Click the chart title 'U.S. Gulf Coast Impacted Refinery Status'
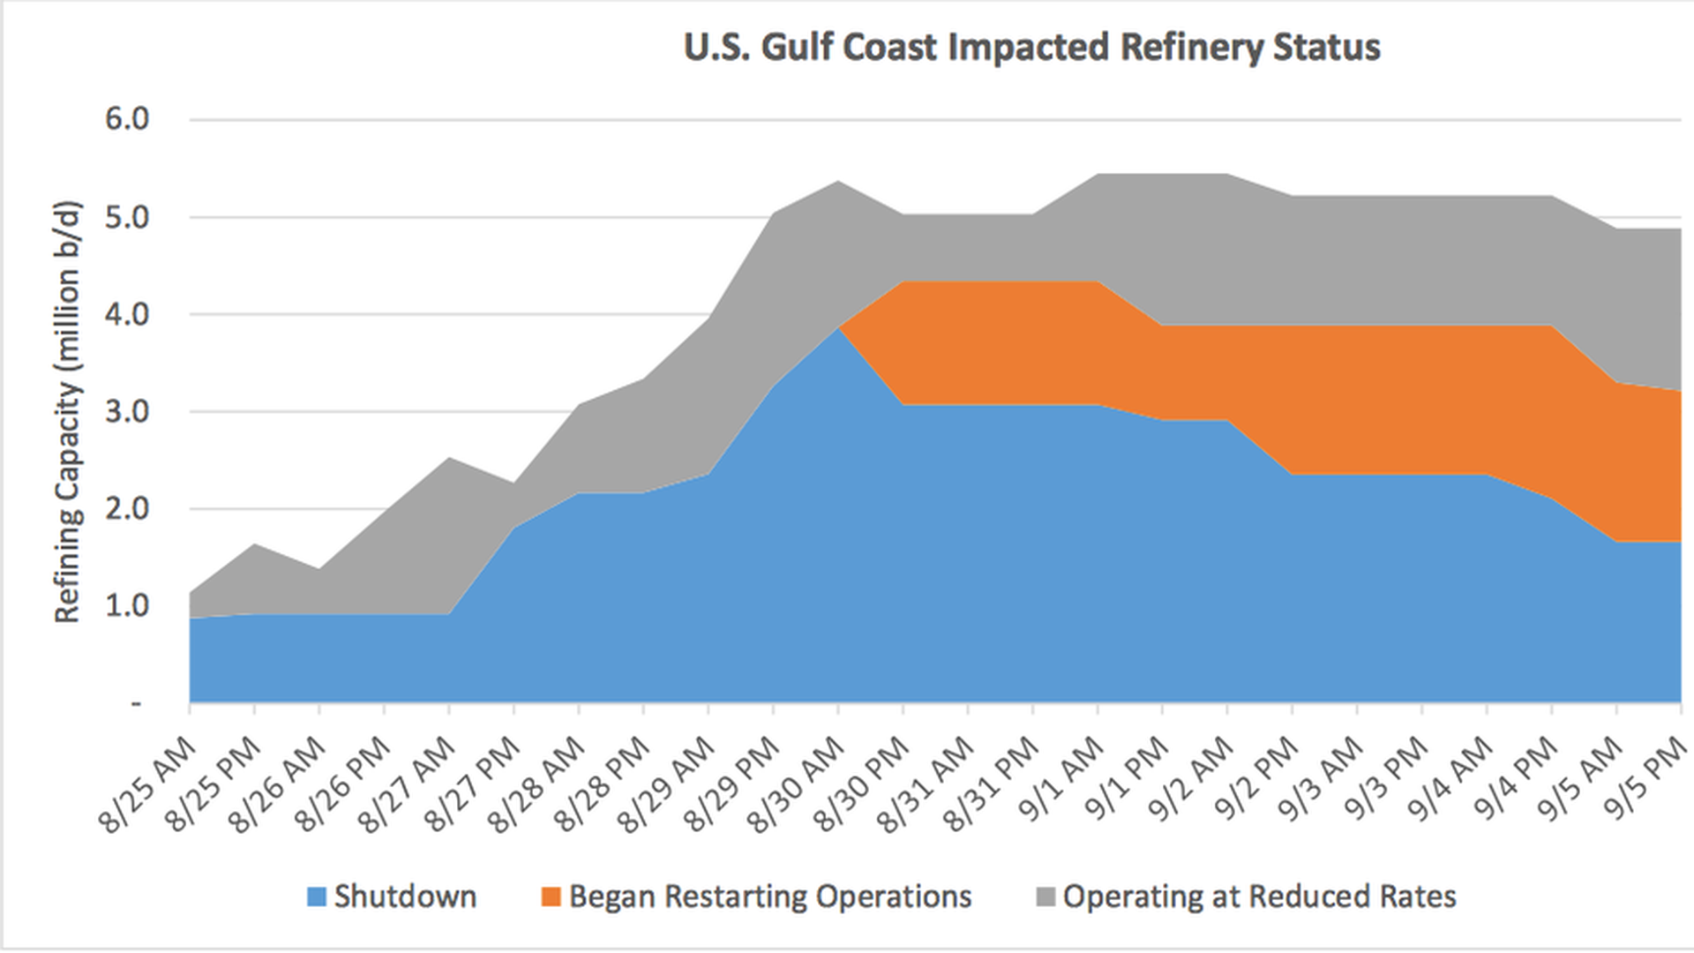(x=1031, y=48)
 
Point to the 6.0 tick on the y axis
(x=127, y=119)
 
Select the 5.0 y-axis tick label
(x=127, y=217)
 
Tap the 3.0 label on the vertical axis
(x=127, y=412)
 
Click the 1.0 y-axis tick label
(x=127, y=606)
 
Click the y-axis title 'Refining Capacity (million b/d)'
(x=69, y=412)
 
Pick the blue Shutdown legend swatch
(x=317, y=897)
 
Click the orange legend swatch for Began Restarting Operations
(x=551, y=897)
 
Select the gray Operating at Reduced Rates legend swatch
(x=1045, y=897)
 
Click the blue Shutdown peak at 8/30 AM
(x=839, y=328)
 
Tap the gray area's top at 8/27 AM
(x=450, y=458)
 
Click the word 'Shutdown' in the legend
(x=405, y=897)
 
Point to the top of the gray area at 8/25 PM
(x=255, y=544)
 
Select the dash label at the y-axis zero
(x=136, y=703)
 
